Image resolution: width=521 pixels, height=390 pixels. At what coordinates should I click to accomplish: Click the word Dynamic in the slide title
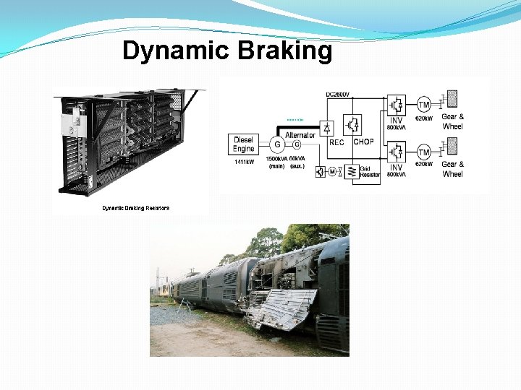(173, 51)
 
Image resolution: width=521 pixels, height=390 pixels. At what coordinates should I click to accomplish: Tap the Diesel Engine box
(244, 144)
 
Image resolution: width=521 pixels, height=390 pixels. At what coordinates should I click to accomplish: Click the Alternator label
(300, 134)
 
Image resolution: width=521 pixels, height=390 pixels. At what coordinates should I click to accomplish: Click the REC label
(336, 142)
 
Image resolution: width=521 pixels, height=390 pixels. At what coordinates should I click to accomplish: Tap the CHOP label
(363, 142)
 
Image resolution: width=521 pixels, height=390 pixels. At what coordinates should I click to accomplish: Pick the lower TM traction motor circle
(424, 152)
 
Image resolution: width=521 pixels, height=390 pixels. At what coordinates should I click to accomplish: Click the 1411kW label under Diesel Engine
(244, 162)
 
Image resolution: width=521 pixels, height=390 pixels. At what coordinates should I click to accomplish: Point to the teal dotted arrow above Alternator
(295, 119)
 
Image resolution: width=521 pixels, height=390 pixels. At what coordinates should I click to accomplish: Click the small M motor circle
(331, 171)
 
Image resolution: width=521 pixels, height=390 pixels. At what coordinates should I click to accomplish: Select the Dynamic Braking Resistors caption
(135, 208)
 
